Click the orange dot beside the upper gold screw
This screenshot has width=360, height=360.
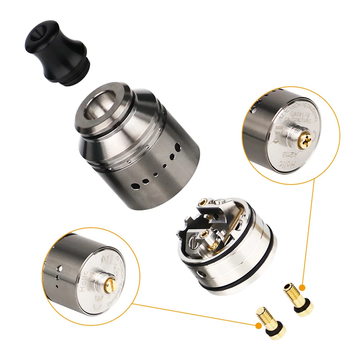click(x=302, y=288)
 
